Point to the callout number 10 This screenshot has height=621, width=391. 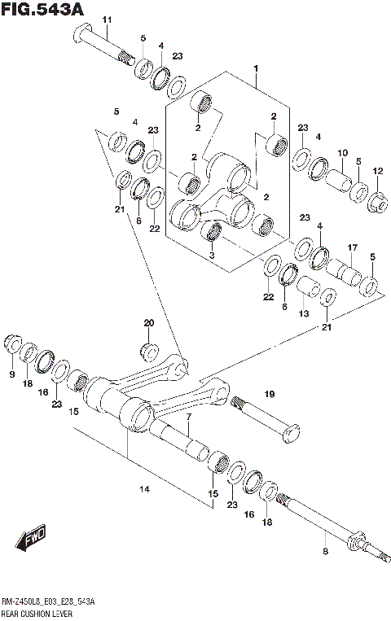pos(343,153)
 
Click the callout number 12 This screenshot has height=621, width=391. pos(376,171)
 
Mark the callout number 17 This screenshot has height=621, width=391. pos(353,247)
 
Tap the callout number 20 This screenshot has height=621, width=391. pos(148,323)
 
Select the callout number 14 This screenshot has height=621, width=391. pos(144,489)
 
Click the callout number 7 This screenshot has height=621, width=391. pos(187,418)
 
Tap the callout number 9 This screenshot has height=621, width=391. pos(11,374)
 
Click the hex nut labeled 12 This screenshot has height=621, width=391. pos(378,199)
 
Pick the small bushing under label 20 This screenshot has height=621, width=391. pos(149,352)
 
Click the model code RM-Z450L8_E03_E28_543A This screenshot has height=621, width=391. pos(47,601)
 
